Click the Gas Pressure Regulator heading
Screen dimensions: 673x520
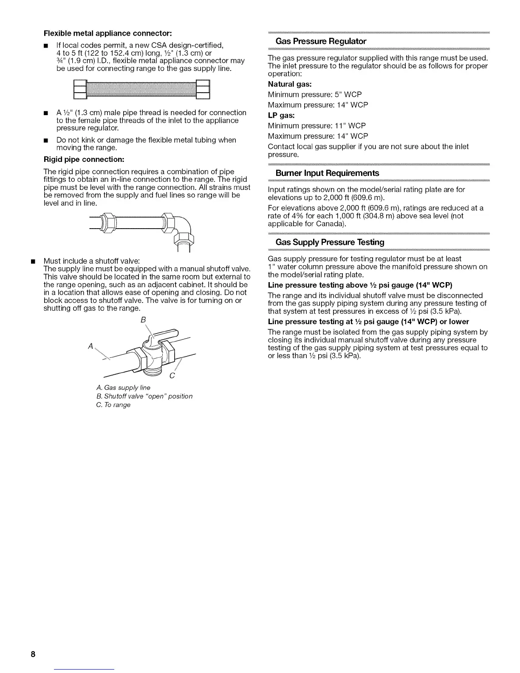321,41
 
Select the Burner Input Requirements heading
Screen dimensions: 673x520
327,173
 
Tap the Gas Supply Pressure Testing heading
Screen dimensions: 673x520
330,242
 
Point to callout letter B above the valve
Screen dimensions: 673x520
142,319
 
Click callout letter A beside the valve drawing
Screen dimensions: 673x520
90,346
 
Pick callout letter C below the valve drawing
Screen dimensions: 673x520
172,376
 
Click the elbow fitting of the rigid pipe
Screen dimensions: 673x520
184,227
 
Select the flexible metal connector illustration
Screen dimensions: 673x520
142,89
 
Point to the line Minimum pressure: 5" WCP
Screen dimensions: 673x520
315,94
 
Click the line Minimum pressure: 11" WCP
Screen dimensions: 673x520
317,126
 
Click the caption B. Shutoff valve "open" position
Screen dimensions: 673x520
144,396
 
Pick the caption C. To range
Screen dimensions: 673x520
113,405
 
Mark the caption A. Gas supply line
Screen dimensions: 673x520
123,387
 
